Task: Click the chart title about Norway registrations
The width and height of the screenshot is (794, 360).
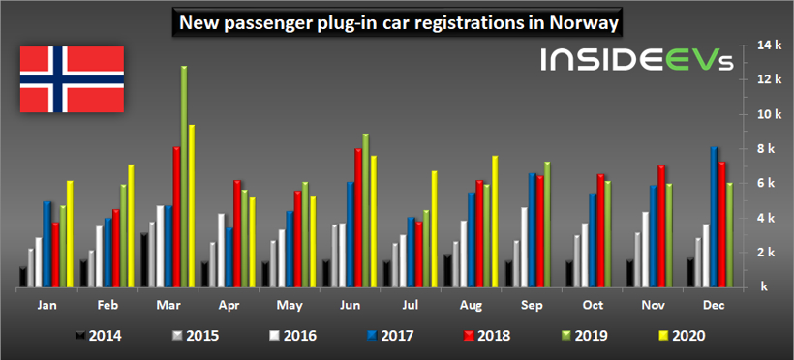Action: pyautogui.click(x=397, y=20)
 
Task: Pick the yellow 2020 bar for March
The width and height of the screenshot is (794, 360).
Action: pyautogui.click(x=192, y=206)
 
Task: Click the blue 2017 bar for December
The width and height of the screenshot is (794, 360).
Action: pyautogui.click(x=714, y=217)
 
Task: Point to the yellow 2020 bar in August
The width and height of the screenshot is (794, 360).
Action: pyautogui.click(x=494, y=222)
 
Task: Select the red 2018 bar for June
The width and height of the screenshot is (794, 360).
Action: pyautogui.click(x=357, y=218)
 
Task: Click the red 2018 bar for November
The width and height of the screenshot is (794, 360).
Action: pyautogui.click(x=660, y=226)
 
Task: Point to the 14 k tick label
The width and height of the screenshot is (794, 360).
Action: pyautogui.click(x=743, y=45)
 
